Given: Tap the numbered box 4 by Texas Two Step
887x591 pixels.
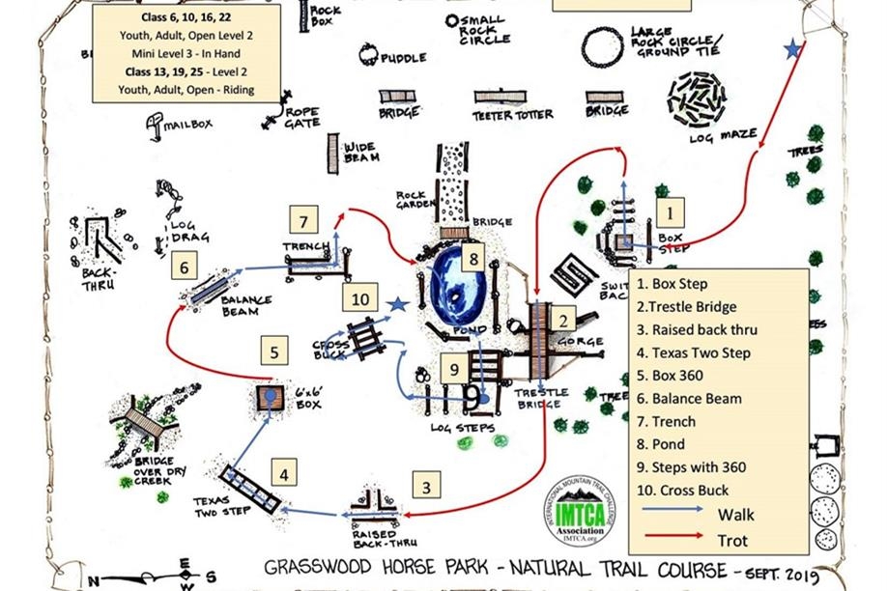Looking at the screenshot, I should coord(283,474).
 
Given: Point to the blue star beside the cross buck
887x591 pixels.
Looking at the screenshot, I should coord(396,305).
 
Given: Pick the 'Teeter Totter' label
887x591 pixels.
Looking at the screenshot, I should coord(512,115).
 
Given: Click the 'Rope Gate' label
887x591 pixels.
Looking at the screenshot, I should coord(302,117).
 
